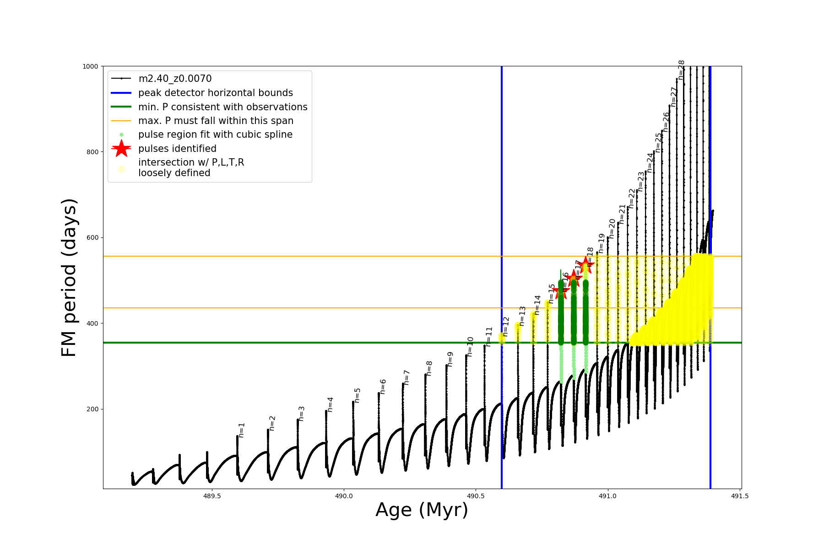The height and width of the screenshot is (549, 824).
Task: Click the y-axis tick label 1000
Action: click(90, 66)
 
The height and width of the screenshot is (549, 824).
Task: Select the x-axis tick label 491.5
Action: click(740, 496)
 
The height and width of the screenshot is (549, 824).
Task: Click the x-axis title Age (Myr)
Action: click(422, 510)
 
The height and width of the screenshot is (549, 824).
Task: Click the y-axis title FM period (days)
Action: click(69, 277)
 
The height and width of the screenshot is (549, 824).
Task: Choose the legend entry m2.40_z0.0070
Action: click(175, 79)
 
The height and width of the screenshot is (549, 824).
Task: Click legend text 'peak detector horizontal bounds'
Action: click(216, 93)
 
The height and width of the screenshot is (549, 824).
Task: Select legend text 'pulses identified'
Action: click(177, 149)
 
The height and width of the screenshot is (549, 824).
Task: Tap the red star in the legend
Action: click(121, 149)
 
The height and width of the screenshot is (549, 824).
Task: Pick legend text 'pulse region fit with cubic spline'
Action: click(215, 135)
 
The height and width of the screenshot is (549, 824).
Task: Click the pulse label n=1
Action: click(242, 430)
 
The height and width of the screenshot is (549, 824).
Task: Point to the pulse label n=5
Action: click(358, 395)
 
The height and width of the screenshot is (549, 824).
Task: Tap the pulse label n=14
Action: click(537, 305)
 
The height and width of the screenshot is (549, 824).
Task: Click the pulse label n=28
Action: click(681, 70)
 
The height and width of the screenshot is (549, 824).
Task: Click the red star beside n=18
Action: click(585, 264)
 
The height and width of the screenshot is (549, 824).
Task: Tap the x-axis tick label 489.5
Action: click(211, 496)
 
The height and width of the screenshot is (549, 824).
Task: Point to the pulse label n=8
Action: click(429, 368)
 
